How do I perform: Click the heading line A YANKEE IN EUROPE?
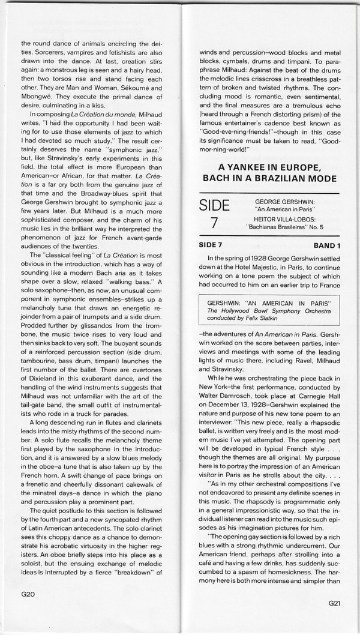[x=269, y=167]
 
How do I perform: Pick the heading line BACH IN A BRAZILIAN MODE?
[x=269, y=178]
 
